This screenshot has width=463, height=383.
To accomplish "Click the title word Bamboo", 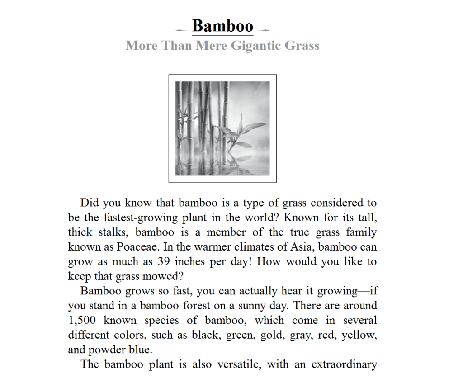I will coord(222,26).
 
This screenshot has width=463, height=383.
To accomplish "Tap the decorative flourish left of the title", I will coord(181,30).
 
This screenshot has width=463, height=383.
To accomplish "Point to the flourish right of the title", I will coord(265,30).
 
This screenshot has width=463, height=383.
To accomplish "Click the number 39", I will coord(163,262).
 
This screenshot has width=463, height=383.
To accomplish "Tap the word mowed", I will coord(160,276).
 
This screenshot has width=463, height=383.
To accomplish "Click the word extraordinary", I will coord(344,364).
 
